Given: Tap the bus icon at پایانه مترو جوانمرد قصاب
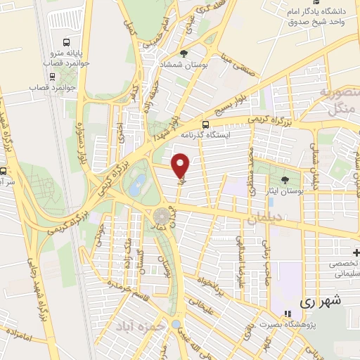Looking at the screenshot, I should click(x=66, y=42).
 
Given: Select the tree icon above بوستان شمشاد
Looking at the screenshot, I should click(x=184, y=53).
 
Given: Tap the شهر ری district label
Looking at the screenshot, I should click(x=320, y=300).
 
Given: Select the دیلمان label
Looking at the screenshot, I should click(x=264, y=219).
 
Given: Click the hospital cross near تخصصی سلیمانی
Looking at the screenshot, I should click(x=356, y=252).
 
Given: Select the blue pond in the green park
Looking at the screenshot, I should click(x=138, y=185).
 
